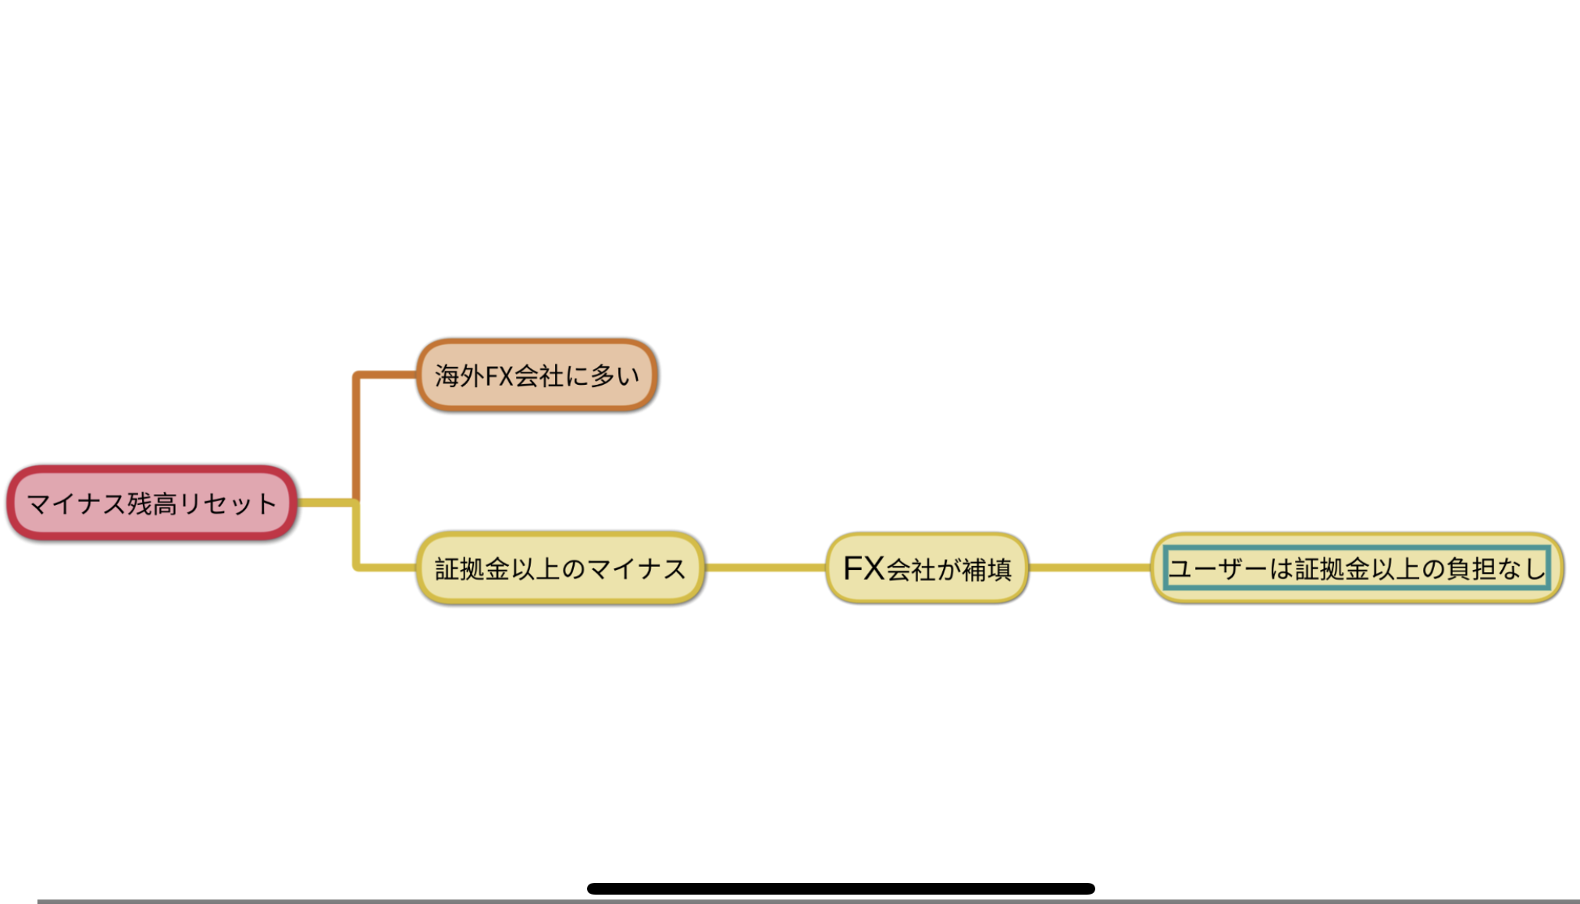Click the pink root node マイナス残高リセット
tap(152, 504)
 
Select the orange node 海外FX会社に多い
tap(537, 375)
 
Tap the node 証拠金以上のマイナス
tap(560, 568)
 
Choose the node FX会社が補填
tap(927, 568)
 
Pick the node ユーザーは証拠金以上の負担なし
tap(1357, 568)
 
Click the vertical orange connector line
tap(356, 437)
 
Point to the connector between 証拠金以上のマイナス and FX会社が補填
tap(765, 568)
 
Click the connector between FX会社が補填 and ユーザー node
tap(1089, 568)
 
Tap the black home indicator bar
tap(841, 888)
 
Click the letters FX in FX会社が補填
tap(864, 568)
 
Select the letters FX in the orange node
tap(499, 376)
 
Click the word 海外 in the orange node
tap(460, 376)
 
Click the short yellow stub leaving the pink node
tap(326, 503)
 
